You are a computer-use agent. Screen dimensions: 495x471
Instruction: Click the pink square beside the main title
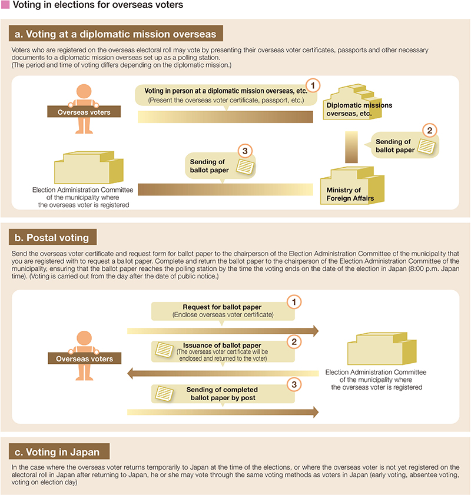pyautogui.click(x=5, y=5)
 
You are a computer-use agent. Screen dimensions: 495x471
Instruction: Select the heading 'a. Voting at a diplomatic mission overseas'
pyautogui.click(x=117, y=34)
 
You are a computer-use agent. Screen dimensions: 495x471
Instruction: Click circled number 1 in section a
pyautogui.click(x=314, y=85)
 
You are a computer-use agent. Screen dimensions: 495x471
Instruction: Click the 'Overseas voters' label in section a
pyautogui.click(x=84, y=112)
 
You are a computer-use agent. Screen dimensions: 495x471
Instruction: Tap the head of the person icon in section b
pyautogui.click(x=84, y=337)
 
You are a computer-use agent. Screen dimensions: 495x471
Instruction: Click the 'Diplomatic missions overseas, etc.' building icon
pyautogui.click(x=346, y=95)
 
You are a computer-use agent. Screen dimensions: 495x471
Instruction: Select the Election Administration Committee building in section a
pyautogui.click(x=88, y=168)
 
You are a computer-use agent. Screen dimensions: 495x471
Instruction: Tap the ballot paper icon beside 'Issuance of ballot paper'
pyautogui.click(x=161, y=350)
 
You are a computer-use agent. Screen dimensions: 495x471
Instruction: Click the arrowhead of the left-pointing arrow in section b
pyautogui.click(x=132, y=372)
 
